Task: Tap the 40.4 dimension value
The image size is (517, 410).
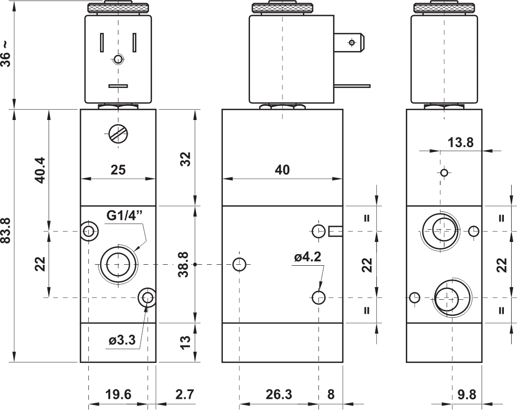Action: click(x=41, y=170)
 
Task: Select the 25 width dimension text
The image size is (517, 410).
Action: click(x=118, y=170)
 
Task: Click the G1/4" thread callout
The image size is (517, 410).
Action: click(x=124, y=215)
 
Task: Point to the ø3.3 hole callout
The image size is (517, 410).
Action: click(x=122, y=340)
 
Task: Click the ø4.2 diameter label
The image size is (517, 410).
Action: click(x=308, y=256)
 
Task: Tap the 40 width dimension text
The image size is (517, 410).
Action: click(x=282, y=170)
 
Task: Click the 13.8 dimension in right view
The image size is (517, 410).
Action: click(x=460, y=142)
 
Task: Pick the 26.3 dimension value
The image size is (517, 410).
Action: click(x=279, y=394)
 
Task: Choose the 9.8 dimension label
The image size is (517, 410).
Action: click(x=467, y=394)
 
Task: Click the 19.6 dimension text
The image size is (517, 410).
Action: click(x=118, y=394)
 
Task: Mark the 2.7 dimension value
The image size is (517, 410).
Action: click(x=184, y=394)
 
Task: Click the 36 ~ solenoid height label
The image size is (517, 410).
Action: click(x=6, y=54)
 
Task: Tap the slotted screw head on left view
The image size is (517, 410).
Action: click(x=118, y=134)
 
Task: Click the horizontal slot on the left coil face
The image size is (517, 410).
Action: click(x=118, y=86)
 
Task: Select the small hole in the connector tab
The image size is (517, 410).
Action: click(x=352, y=42)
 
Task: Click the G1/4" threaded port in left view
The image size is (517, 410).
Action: click(x=118, y=264)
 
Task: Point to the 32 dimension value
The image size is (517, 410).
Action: click(x=186, y=159)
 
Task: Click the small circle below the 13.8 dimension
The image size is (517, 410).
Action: click(x=444, y=172)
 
